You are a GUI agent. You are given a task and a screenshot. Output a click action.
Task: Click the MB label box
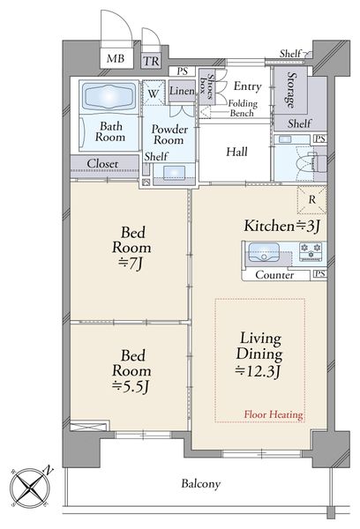click(x=116, y=58)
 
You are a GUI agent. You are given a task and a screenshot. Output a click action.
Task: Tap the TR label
click(x=151, y=61)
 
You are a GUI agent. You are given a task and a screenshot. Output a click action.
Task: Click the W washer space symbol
click(x=154, y=93)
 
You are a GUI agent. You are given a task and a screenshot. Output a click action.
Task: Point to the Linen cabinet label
click(x=182, y=91)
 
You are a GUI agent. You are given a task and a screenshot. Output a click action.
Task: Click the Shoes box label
click(x=206, y=86)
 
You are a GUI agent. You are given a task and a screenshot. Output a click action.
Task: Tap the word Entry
click(x=248, y=86)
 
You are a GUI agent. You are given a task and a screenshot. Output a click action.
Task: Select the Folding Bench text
click(x=243, y=108)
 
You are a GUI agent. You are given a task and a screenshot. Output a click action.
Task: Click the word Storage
click(x=290, y=90)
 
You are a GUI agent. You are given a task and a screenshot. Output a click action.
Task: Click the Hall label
click(x=236, y=152)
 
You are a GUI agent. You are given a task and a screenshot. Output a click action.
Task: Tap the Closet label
click(x=102, y=164)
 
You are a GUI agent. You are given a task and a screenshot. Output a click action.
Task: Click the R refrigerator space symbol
click(x=311, y=200)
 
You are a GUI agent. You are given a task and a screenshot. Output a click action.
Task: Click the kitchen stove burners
click(x=311, y=251)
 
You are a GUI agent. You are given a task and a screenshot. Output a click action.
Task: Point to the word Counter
click(x=274, y=275)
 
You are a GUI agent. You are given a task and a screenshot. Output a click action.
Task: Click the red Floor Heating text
click(x=274, y=414)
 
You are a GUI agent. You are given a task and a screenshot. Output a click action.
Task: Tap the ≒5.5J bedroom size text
click(x=131, y=386)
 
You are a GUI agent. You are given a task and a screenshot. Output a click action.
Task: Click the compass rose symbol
click(x=30, y=487)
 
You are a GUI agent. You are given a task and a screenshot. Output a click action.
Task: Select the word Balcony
click(x=200, y=484)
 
